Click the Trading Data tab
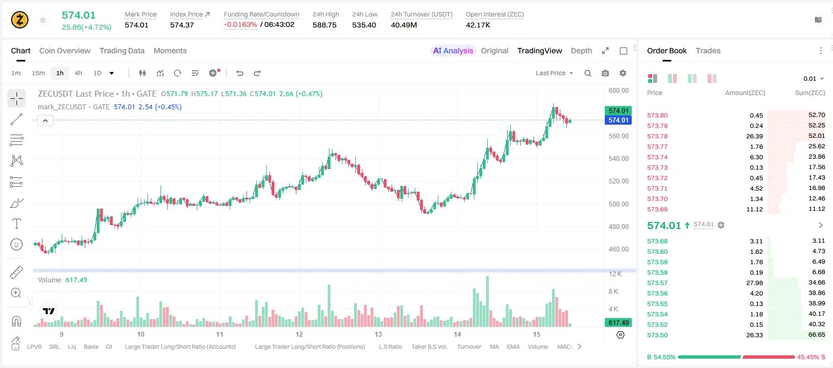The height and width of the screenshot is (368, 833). coord(122,51)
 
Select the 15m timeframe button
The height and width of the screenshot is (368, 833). coord(38,73)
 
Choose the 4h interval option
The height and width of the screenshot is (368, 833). coord(78,73)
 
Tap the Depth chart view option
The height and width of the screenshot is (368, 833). coord(581,51)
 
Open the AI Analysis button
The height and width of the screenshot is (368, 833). coord(453,51)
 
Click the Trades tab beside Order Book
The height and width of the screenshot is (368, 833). coord(708,51)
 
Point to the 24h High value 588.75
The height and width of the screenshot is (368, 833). coord(324,25)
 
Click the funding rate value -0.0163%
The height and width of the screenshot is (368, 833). coord(240,25)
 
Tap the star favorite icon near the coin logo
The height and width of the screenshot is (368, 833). coord(43,20)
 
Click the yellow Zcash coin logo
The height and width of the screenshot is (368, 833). coord(20,20)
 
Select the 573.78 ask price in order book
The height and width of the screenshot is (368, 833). coord(657,136)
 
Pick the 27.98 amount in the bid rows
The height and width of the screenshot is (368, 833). coord(754,283)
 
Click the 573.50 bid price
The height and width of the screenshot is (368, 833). coord(657,335)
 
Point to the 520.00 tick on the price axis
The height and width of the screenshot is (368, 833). coord(619,181)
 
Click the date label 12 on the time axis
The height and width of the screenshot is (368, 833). coord(299,334)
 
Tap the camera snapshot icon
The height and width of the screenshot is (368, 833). coord(605,73)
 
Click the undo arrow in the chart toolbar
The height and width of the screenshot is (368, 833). coord(240,73)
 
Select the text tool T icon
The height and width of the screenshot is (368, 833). coord(16,224)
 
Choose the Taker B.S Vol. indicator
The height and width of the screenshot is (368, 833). coord(429,347)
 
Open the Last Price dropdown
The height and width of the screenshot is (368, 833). coord(554,73)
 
